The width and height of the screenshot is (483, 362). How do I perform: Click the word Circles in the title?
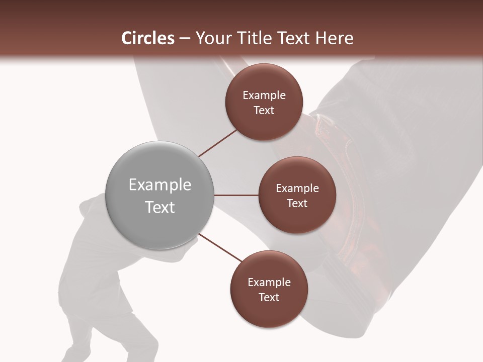[x=147, y=38]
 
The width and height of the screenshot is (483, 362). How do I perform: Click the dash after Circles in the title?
[x=185, y=39]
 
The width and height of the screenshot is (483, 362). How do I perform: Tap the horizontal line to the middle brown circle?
[x=236, y=195]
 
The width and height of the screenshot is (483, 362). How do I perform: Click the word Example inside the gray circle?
[x=160, y=185]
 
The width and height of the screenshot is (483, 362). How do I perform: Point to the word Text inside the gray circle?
[x=160, y=207]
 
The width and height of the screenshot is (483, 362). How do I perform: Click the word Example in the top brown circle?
[x=264, y=96]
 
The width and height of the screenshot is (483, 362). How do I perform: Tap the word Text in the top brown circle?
[x=264, y=111]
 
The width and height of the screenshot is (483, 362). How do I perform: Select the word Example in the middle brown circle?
[x=297, y=189]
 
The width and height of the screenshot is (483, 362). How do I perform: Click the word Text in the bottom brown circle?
[x=269, y=297]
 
